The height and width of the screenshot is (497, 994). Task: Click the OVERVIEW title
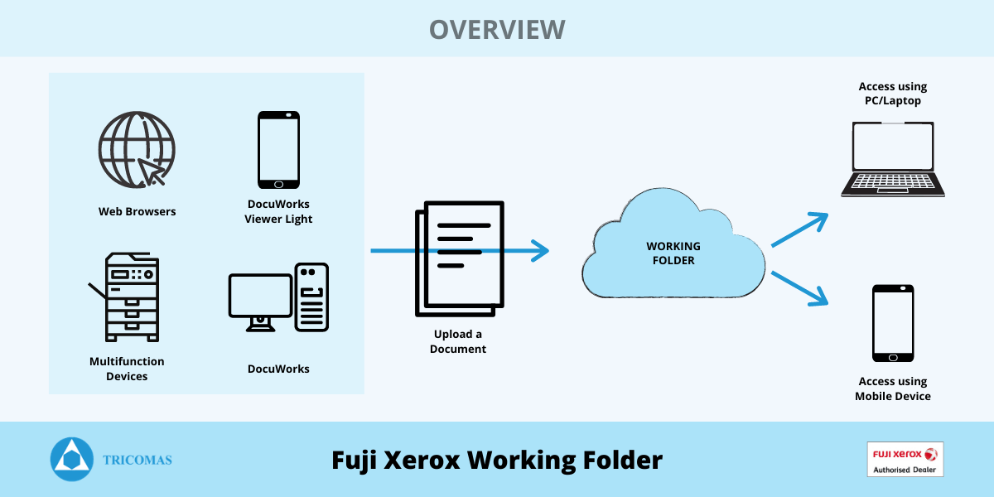[x=497, y=29]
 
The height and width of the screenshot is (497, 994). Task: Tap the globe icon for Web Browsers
[x=137, y=150]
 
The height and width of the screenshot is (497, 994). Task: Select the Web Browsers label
[x=138, y=212]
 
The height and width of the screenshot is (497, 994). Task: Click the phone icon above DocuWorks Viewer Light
[x=278, y=150]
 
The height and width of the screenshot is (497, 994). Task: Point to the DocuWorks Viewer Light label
[x=278, y=211]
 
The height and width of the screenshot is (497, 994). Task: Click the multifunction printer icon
[x=124, y=297]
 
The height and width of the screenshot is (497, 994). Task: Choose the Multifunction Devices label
[x=127, y=369]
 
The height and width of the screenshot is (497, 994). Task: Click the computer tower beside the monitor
[x=311, y=297]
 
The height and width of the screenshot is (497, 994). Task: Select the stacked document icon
[x=460, y=258]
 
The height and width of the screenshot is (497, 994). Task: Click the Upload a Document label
[x=458, y=341]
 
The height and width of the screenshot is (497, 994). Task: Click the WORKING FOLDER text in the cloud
[x=673, y=253]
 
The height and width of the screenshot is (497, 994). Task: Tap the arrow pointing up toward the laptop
[x=799, y=229]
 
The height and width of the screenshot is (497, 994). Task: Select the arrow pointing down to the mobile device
[x=799, y=288]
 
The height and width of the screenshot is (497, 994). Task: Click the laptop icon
[x=893, y=159]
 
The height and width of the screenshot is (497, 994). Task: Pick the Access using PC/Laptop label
[x=893, y=93]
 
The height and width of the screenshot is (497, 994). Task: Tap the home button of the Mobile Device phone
[x=893, y=358]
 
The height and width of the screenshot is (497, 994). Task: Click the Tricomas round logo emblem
[x=72, y=459]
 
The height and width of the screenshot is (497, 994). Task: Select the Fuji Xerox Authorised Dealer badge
[x=905, y=459]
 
